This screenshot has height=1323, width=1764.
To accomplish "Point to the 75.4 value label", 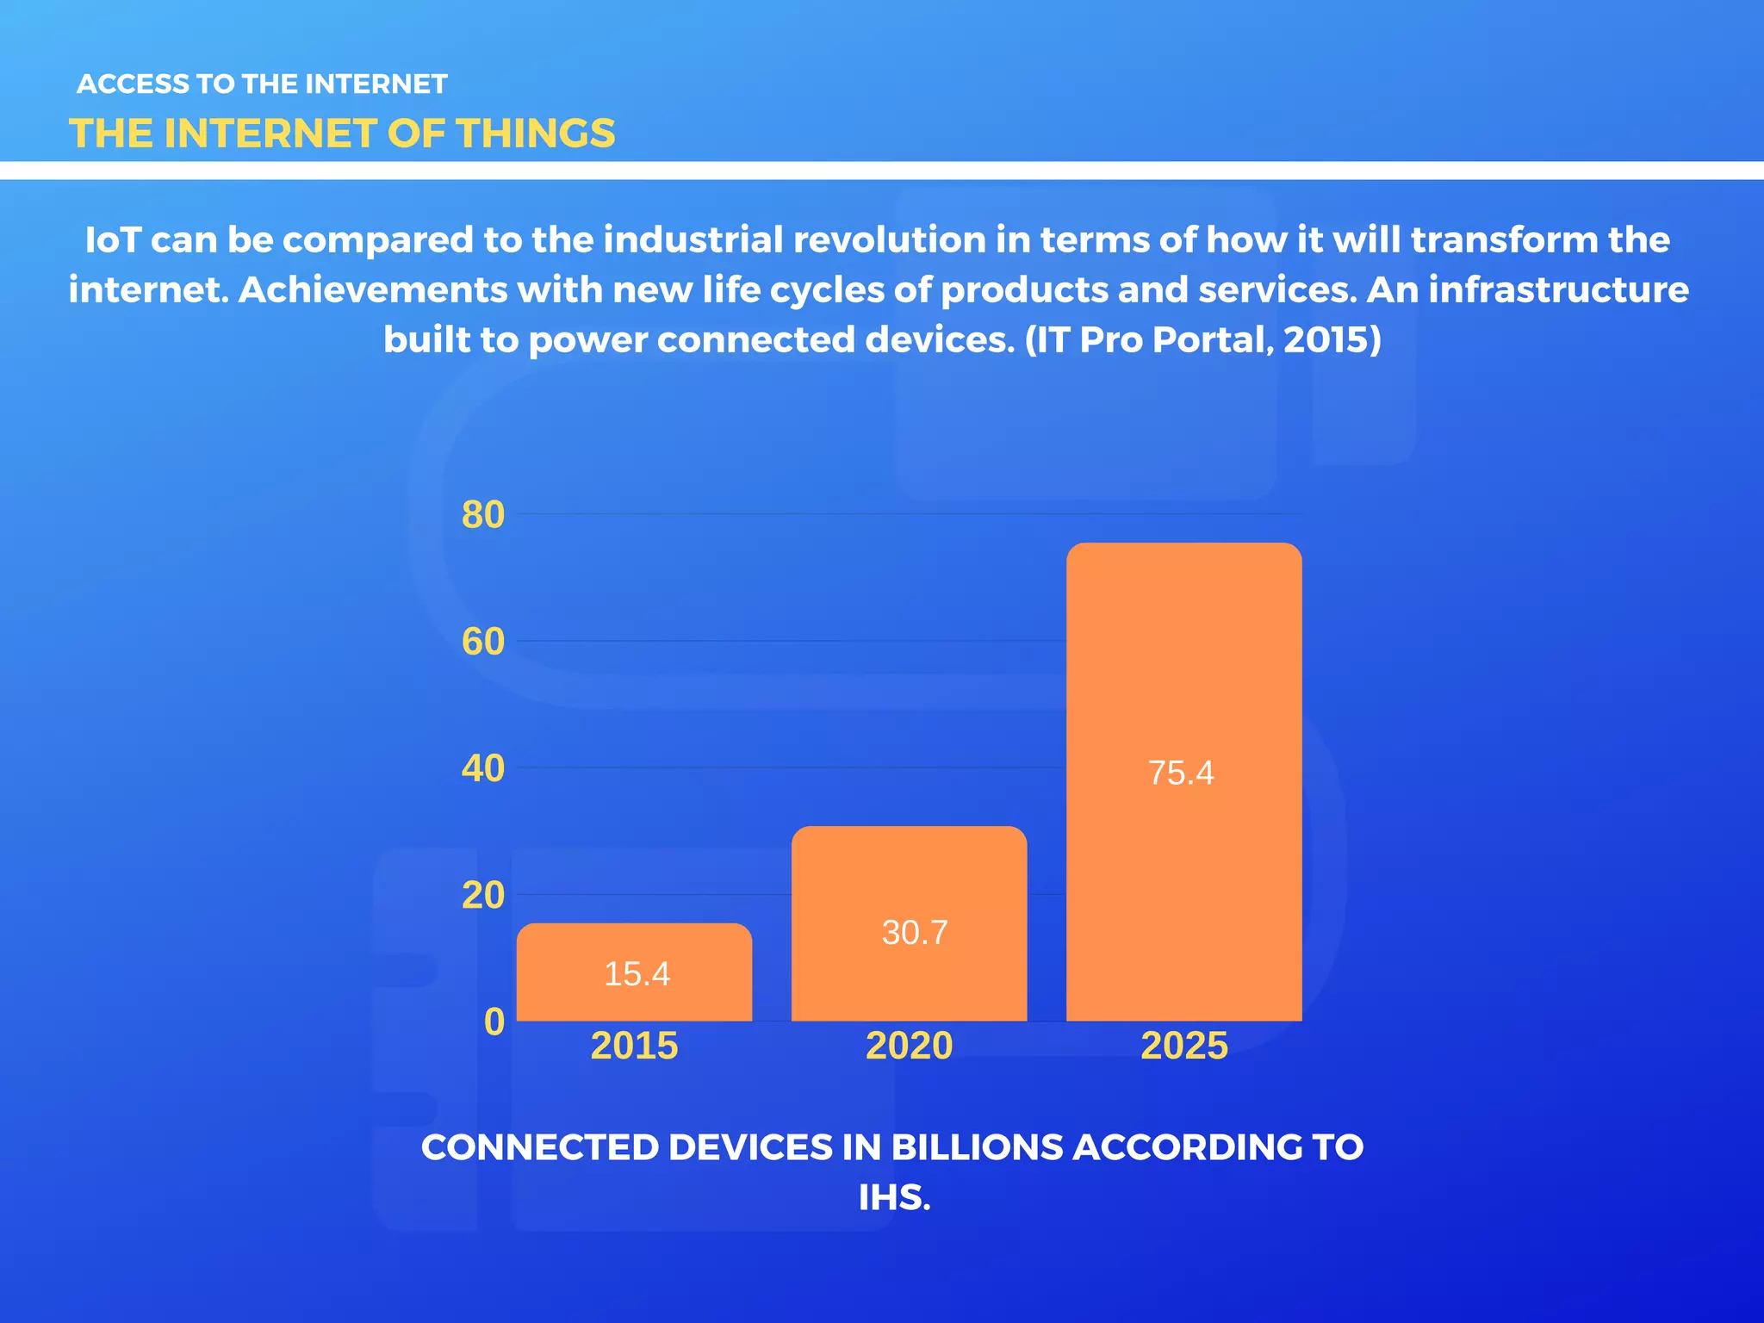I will pos(1181,773).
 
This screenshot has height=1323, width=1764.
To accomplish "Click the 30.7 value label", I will pos(914,933).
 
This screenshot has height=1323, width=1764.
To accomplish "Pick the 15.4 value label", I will pos(637,974).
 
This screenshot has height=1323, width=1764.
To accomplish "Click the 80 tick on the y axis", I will pos(483,515).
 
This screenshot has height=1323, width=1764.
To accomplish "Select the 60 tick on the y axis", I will pos(483,642).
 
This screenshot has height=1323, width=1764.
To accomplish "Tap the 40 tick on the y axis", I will pos(483,768).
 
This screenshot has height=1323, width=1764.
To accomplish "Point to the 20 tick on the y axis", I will pos(483,896).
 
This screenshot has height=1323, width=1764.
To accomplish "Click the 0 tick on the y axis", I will pos(494,1022).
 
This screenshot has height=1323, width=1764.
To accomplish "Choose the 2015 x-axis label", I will pos(634,1046).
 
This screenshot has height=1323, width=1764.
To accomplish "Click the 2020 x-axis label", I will pos(909,1046).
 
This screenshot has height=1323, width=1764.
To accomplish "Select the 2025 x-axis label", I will pos(1183,1046).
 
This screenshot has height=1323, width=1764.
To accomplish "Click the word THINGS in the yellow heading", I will pos(535,134).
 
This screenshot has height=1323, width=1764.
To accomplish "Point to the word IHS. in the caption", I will pos(894,1197).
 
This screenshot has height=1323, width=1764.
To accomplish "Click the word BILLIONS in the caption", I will pos(978,1147).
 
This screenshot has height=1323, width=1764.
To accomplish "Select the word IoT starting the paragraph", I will pos(113,240).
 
